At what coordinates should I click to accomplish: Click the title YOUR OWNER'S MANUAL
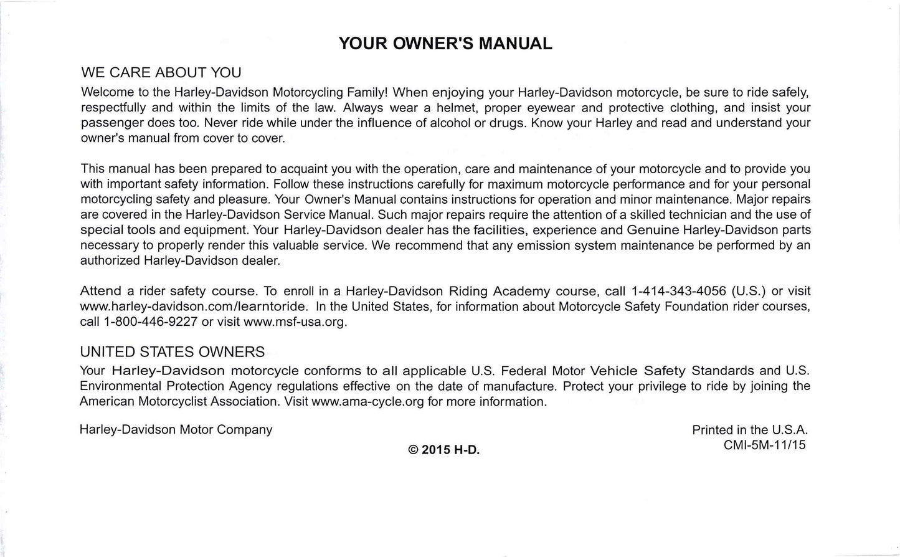coord(445,44)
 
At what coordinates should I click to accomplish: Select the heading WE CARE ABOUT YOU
coord(161,73)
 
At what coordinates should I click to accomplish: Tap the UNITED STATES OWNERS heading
coord(173,352)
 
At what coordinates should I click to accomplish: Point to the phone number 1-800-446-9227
coord(151,322)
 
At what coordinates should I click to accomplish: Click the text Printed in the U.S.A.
coord(750,430)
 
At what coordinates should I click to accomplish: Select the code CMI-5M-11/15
coord(764,445)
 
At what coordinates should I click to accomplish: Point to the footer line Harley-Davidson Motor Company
coord(176,430)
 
